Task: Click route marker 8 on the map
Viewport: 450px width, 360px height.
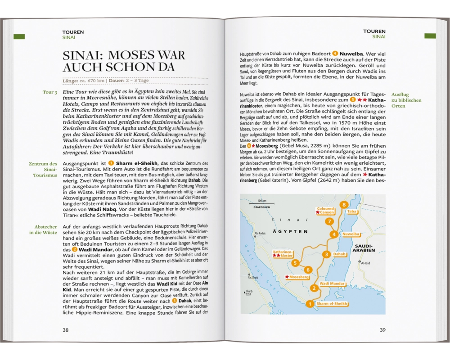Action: [x=344, y=205]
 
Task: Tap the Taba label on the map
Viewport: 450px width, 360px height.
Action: [x=352, y=211]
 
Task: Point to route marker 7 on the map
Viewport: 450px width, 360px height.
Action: [x=330, y=221]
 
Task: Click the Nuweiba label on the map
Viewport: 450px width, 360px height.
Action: [x=351, y=234]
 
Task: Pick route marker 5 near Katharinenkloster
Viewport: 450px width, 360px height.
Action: [x=295, y=263]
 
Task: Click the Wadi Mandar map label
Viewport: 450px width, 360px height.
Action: [x=332, y=283]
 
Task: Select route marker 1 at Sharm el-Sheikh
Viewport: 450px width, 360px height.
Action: [x=309, y=304]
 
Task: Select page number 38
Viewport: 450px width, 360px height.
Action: [x=66, y=330]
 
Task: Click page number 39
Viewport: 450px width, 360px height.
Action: [x=382, y=330]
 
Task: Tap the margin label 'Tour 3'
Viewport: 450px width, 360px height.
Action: [x=49, y=92]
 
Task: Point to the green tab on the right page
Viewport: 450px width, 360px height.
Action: [x=430, y=36]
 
